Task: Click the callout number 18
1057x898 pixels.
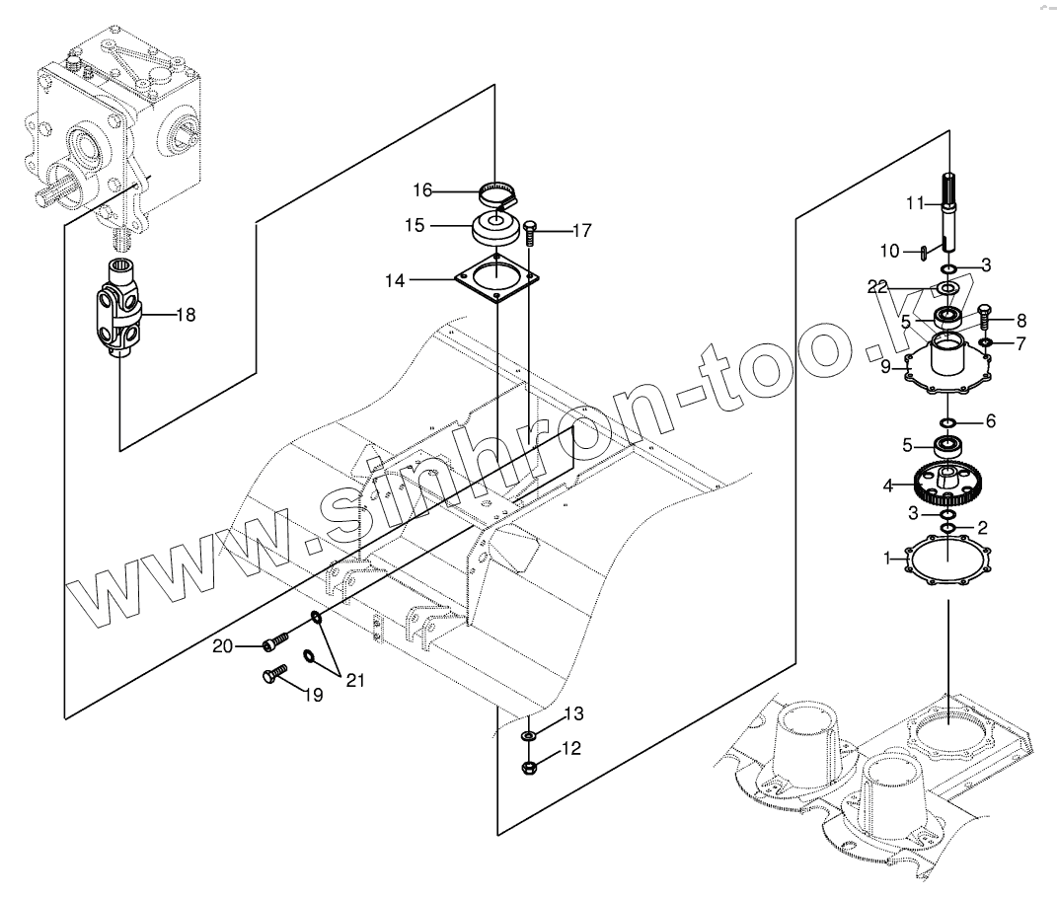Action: (x=186, y=315)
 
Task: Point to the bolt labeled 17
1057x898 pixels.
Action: (x=530, y=233)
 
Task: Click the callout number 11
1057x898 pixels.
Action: (x=915, y=203)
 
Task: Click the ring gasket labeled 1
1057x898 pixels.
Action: (x=948, y=561)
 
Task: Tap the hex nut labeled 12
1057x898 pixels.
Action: (x=530, y=766)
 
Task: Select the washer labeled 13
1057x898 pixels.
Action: (x=530, y=735)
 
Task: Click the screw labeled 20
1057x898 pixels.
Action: (x=274, y=643)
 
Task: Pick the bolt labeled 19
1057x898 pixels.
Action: (x=271, y=675)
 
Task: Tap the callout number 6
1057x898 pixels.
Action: (x=990, y=420)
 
